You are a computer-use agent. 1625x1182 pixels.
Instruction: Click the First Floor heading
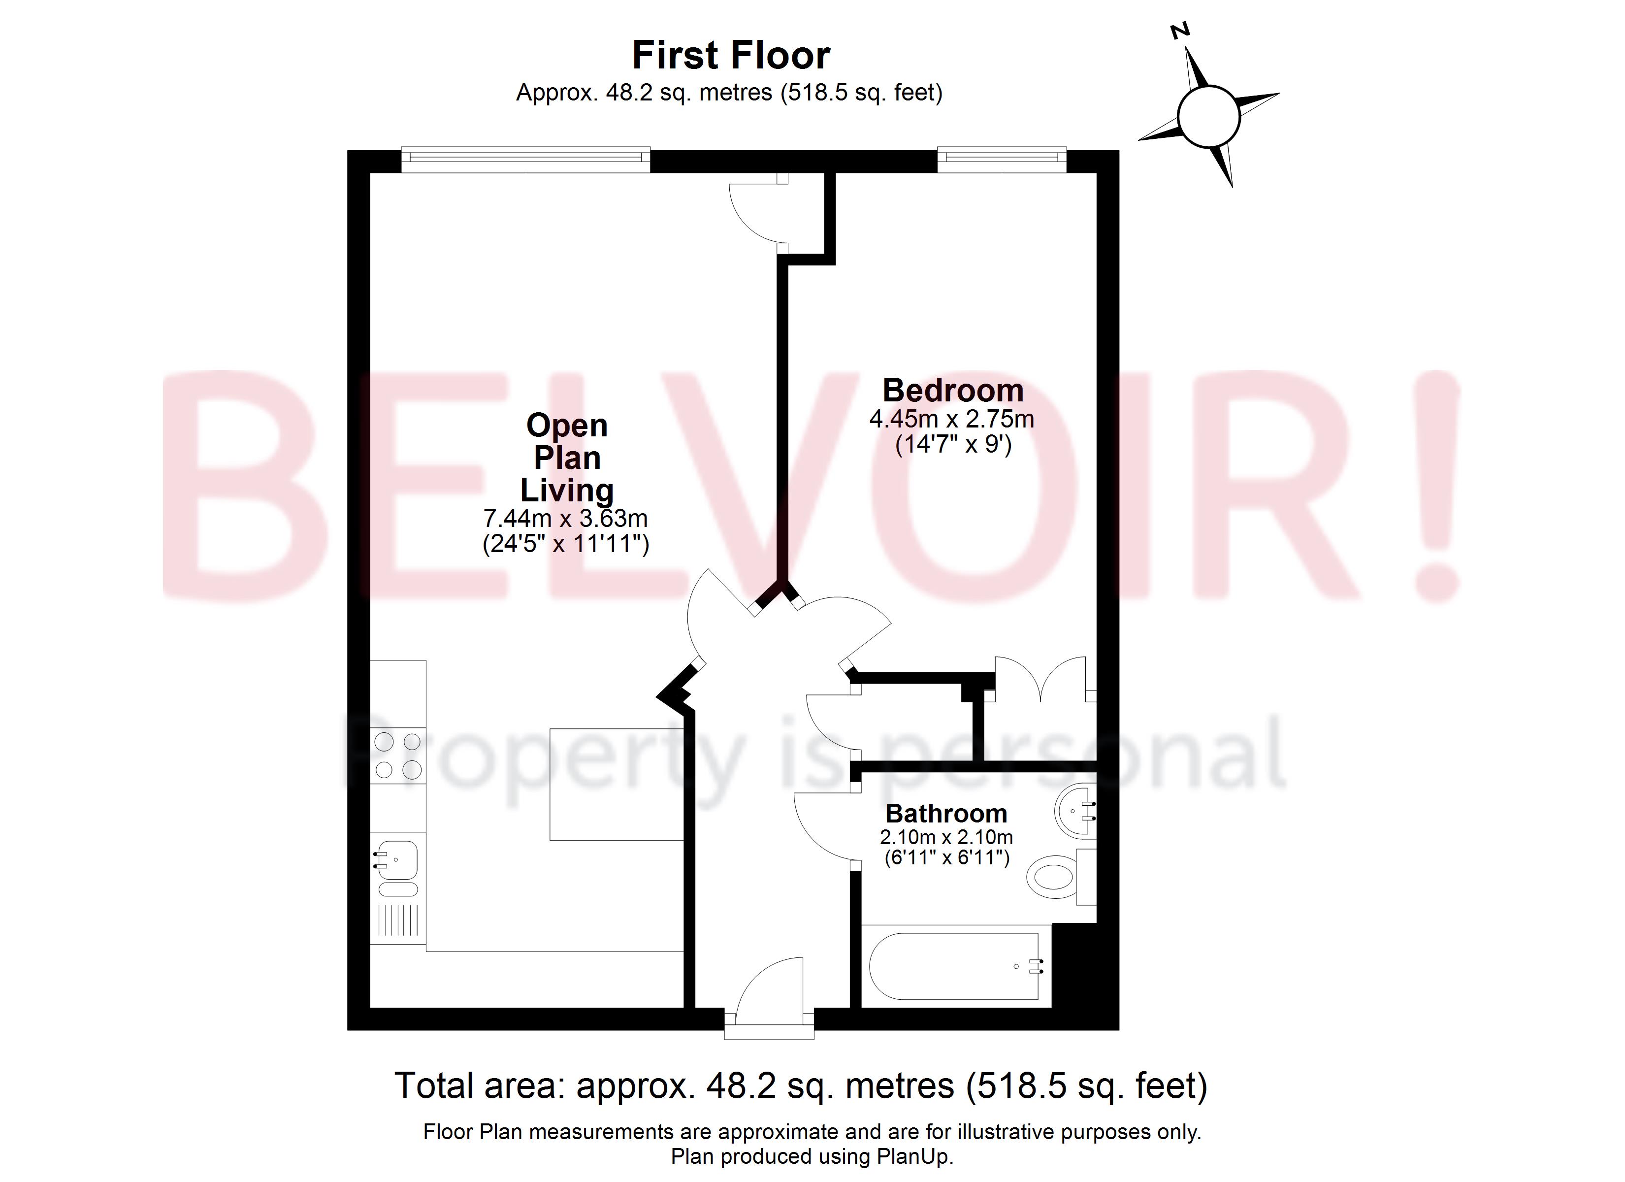730,55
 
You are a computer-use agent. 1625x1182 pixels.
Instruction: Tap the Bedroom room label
952,391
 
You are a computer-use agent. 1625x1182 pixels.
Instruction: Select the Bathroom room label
946,814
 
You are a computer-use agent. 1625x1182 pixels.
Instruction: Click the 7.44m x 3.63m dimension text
565,518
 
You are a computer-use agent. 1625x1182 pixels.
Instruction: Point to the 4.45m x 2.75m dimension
951,419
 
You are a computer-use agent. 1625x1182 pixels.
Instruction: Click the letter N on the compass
1179,31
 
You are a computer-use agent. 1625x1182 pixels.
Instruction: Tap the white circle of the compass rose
1209,116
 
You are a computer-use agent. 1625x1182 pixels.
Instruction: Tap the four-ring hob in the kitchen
398,755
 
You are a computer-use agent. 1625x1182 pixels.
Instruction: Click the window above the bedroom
1001,159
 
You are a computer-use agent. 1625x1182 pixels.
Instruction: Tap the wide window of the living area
525,159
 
